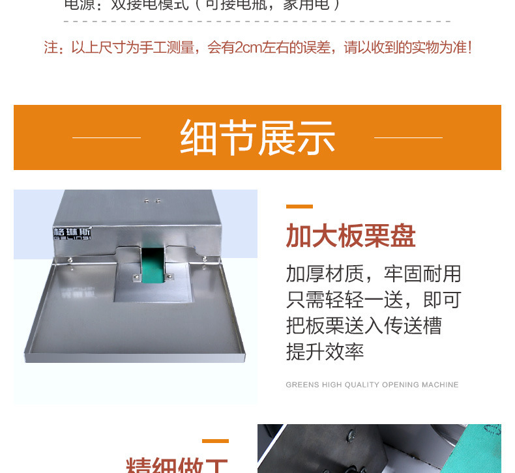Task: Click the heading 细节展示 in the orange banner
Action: pos(257,137)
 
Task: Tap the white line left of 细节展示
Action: pos(106,137)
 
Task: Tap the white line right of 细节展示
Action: pos(408,137)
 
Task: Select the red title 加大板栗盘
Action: pos(351,236)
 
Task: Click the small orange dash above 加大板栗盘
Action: pos(299,207)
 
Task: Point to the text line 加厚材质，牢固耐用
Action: pos(374,273)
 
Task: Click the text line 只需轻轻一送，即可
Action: pos(374,299)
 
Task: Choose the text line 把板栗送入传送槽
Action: pos(364,325)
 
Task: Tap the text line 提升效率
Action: pos(325,352)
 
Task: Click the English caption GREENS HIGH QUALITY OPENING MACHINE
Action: pos(372,385)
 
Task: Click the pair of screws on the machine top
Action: pos(152,201)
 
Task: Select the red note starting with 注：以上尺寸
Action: pos(257,48)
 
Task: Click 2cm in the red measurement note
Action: pos(246,48)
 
